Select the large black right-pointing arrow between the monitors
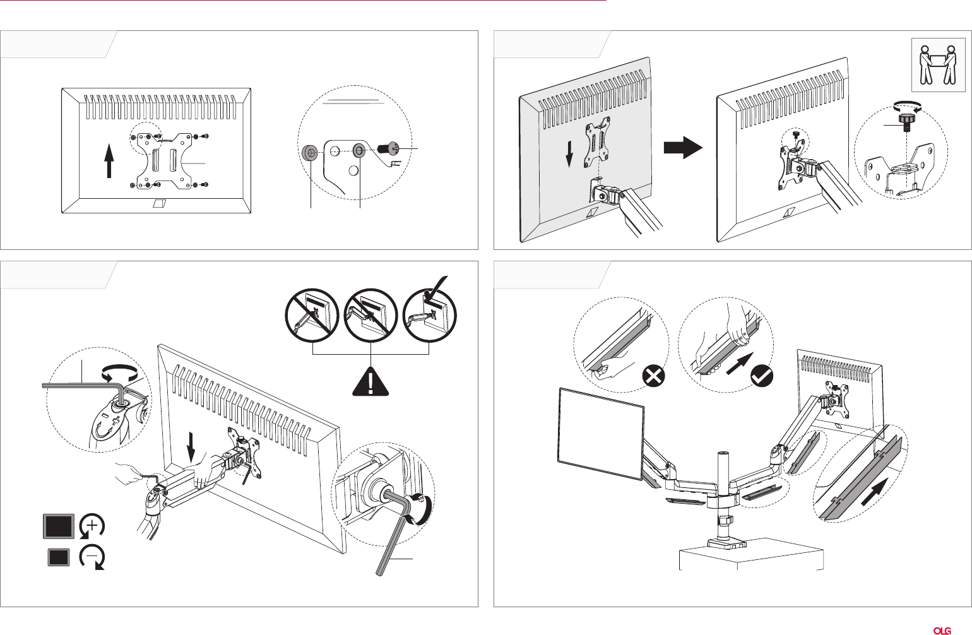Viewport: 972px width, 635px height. click(x=682, y=148)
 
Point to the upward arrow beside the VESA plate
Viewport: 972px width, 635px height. click(x=109, y=160)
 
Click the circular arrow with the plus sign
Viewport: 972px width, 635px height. click(x=92, y=526)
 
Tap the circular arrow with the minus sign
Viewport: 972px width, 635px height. click(x=92, y=557)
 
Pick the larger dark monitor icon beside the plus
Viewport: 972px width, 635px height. click(x=58, y=526)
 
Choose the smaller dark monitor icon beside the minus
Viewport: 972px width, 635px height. click(x=59, y=557)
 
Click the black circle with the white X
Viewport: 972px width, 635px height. click(x=653, y=377)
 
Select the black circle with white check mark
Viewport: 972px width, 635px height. click(x=762, y=377)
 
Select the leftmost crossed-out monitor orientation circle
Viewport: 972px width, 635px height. click(x=312, y=316)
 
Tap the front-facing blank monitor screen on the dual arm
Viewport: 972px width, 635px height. click(x=601, y=434)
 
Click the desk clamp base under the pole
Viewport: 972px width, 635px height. click(x=723, y=542)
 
